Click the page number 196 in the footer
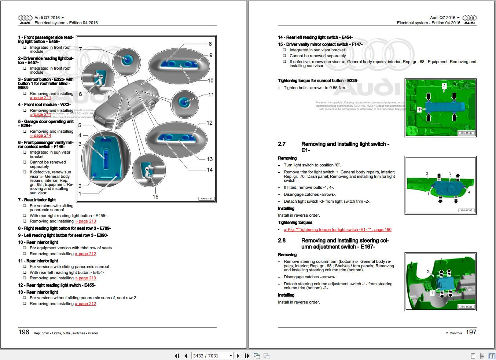tap(24, 332)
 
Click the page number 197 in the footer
tap(471, 332)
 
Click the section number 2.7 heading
tap(282, 144)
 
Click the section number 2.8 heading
tap(282, 241)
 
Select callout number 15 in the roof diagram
tap(155, 197)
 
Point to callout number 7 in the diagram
tap(81, 49)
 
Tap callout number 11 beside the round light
tap(211, 95)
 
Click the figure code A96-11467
tap(206, 199)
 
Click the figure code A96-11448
tap(466, 133)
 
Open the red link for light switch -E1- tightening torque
tap(337, 230)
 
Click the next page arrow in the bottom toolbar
tap(238, 356)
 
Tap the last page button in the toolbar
tap(247, 356)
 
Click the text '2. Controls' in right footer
tap(454, 333)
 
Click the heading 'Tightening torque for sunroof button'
tap(318, 81)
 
